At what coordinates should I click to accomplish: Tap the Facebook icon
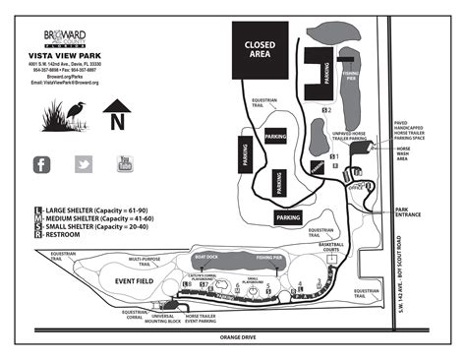tap(41, 164)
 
